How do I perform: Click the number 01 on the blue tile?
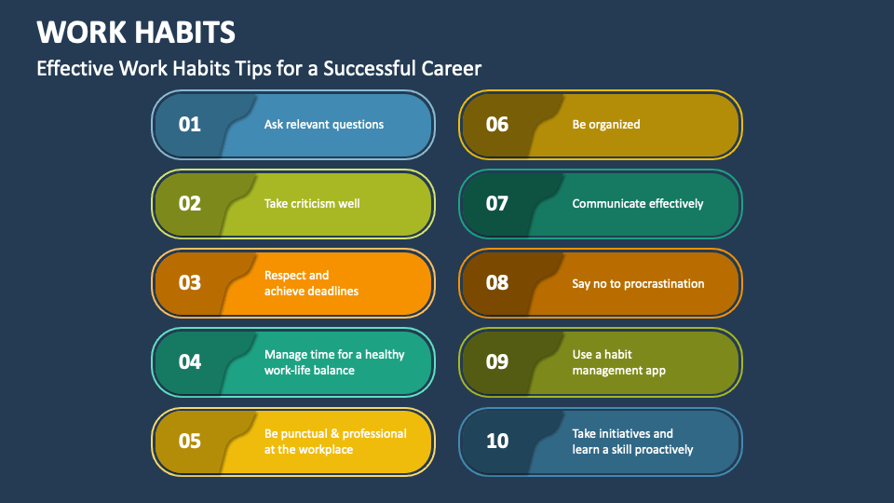(x=190, y=124)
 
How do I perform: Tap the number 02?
(x=190, y=203)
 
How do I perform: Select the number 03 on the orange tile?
(x=190, y=282)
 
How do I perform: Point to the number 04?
(x=190, y=361)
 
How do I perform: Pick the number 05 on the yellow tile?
(x=190, y=441)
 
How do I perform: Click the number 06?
(x=497, y=124)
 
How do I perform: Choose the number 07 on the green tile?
(x=497, y=203)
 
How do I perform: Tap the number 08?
(x=497, y=282)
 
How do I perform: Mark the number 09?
(x=497, y=361)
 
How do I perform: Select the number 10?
(x=497, y=441)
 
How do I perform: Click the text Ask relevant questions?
(x=324, y=124)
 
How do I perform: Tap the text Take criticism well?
(x=312, y=203)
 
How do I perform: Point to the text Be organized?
(x=606, y=124)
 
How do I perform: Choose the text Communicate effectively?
(x=638, y=203)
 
